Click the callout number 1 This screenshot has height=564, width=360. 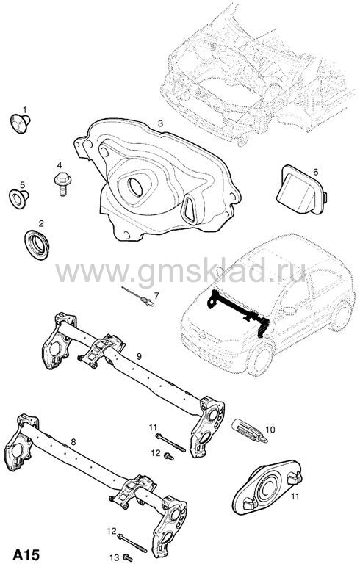pos(25,109)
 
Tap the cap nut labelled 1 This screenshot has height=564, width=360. pos(20,123)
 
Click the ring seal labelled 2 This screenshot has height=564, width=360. pos(37,245)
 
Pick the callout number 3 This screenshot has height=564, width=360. pos(161,123)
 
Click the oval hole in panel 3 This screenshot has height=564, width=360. pos(136,187)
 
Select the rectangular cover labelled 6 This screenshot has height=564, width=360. pos(301,189)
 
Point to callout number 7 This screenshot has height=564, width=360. pos(156,296)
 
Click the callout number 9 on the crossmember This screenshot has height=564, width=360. pos(139,356)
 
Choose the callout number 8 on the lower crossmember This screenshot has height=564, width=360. pos(73,441)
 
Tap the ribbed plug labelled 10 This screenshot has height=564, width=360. pos(249,430)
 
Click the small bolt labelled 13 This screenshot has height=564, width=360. pos(127,557)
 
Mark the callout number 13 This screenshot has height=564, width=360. pos(114,557)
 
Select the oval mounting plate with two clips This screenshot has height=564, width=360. pos(267,487)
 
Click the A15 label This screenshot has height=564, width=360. pos(26,554)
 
